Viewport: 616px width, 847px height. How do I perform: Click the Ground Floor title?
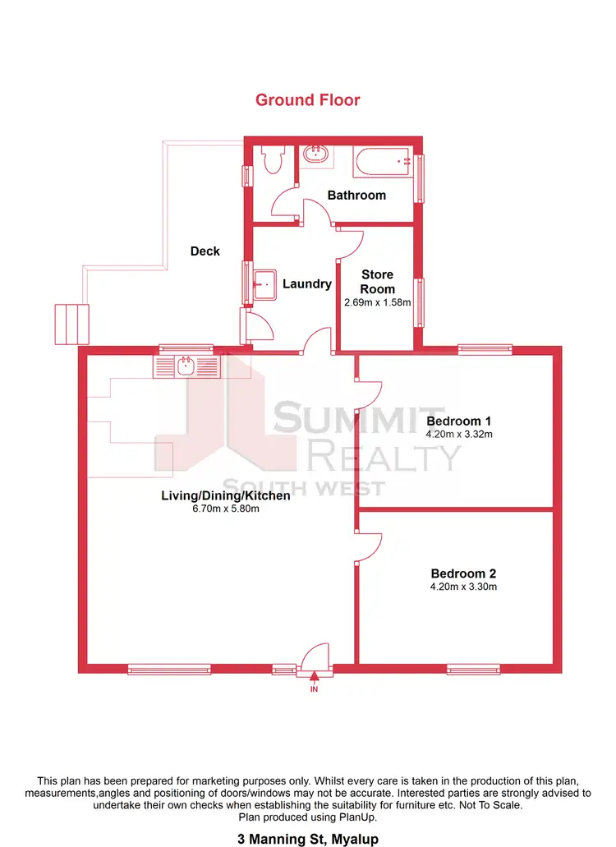tap(307, 100)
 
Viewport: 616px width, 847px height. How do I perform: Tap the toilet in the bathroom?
tap(271, 159)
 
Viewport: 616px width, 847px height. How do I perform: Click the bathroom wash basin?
tap(315, 154)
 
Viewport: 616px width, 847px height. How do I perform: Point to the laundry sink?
tap(264, 284)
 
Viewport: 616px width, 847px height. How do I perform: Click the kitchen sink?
tap(187, 366)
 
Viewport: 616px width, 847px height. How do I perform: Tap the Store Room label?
tap(378, 282)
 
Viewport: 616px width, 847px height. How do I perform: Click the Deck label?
tap(205, 251)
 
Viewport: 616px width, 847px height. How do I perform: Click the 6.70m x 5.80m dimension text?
tap(225, 509)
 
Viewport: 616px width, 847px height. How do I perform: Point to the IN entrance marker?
tap(314, 689)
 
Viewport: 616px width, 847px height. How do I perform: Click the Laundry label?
tap(307, 284)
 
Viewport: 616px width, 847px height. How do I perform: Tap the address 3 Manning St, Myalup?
tap(307, 839)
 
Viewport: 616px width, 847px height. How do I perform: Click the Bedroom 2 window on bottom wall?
tap(473, 670)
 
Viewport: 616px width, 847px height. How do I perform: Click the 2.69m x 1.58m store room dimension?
tap(378, 302)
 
